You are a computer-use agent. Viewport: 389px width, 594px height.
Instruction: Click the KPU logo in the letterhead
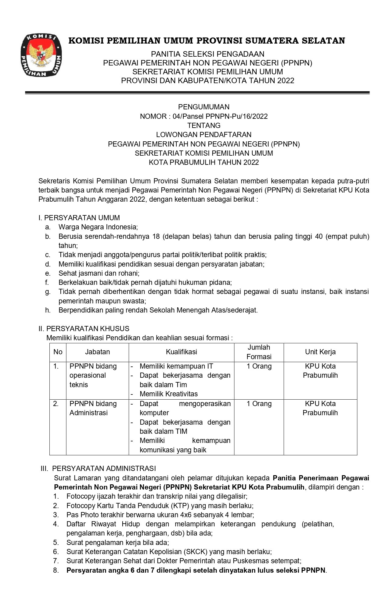click(x=41, y=55)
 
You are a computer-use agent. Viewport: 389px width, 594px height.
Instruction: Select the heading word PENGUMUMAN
click(x=204, y=107)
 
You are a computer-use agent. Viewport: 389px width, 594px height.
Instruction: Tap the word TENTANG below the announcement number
click(x=204, y=126)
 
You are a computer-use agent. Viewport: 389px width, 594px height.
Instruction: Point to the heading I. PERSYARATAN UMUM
click(x=79, y=218)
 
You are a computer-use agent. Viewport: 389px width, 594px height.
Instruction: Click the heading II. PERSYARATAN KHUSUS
click(x=84, y=329)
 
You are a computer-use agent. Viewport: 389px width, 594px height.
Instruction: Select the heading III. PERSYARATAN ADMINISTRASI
click(x=98, y=468)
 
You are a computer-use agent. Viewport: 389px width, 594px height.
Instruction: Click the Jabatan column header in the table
click(x=97, y=352)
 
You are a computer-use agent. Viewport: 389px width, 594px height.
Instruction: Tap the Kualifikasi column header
click(x=182, y=352)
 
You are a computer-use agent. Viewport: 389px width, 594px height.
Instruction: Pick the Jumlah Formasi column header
click(x=259, y=352)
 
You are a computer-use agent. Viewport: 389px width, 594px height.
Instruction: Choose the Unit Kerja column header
click(x=320, y=352)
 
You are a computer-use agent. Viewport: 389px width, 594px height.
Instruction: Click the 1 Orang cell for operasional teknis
click(x=259, y=366)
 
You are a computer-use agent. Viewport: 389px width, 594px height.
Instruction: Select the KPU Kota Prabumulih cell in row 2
click(x=320, y=408)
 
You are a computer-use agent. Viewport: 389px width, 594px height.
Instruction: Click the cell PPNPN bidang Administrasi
click(x=93, y=408)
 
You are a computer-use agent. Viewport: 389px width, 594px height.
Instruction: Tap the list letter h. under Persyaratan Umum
click(x=48, y=310)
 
